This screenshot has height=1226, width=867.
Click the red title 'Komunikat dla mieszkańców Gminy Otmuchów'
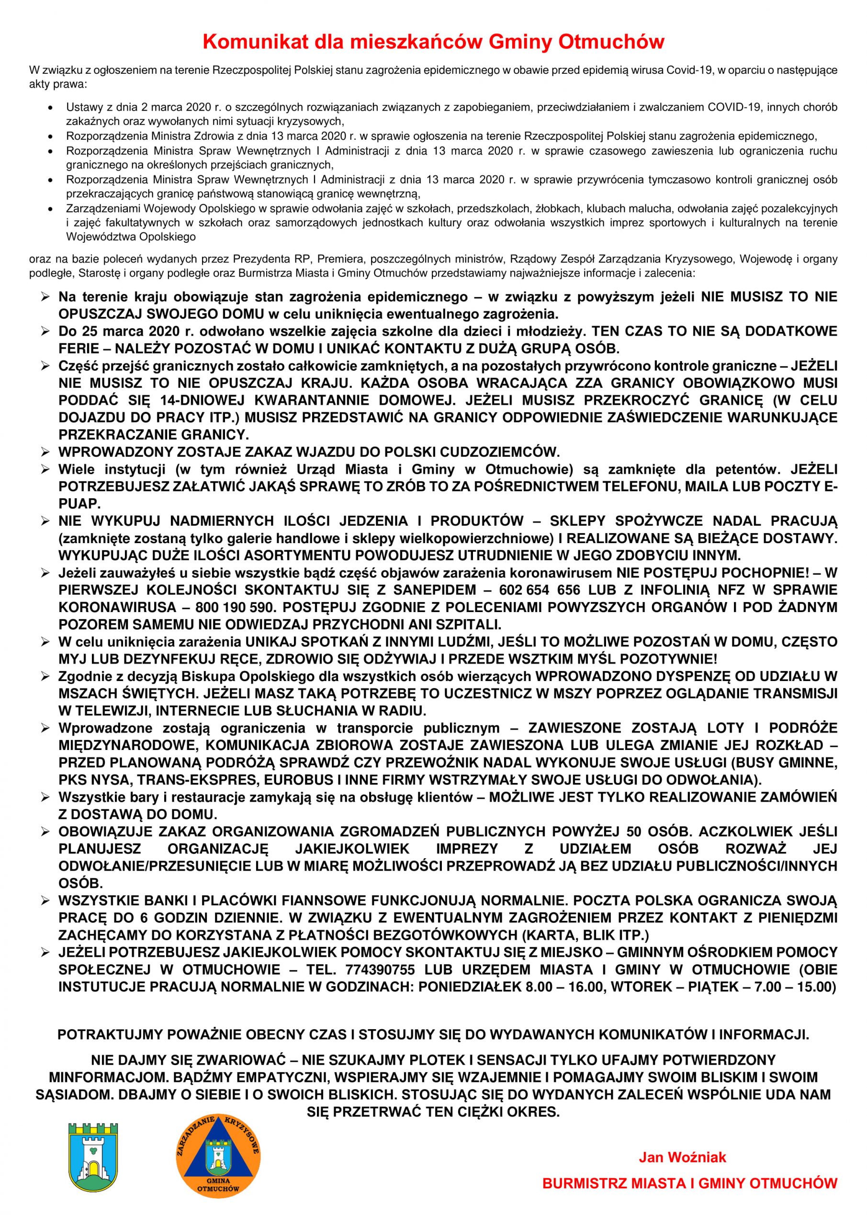click(434, 42)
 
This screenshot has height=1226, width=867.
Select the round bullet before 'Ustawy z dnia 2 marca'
click(50, 107)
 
